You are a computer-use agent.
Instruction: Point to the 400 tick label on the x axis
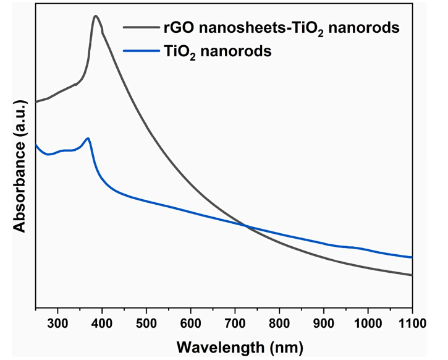point(102,322)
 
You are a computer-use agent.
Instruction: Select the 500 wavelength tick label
point(146,322)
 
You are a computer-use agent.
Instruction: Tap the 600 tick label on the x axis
point(190,322)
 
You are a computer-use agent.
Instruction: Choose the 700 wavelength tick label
point(235,322)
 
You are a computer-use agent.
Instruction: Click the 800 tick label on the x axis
point(279,322)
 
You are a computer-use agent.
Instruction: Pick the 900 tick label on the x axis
point(323,322)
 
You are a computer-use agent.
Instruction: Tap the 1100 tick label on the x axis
point(411,322)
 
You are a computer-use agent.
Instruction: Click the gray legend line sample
point(141,27)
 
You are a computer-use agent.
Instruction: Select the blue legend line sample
point(141,52)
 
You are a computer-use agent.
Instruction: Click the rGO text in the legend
point(179,27)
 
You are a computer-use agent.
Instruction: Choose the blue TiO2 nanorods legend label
point(219,53)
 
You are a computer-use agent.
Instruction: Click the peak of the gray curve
point(95,16)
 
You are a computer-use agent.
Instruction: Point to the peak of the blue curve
point(88,139)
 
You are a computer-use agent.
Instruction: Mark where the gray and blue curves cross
point(246,226)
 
